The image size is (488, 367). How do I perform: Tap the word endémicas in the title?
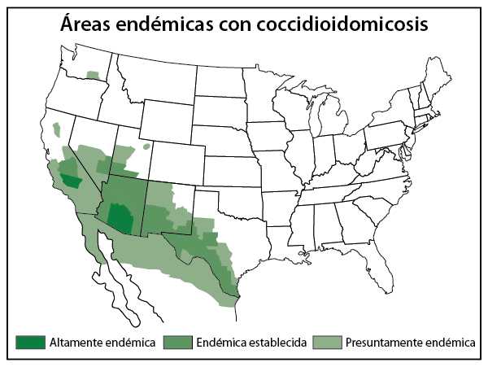[172, 25]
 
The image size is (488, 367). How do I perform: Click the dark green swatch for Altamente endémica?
[30, 342]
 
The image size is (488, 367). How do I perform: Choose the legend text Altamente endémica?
[102, 343]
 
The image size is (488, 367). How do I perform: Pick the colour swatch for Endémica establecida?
[179, 342]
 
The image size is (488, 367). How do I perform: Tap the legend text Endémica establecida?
[251, 343]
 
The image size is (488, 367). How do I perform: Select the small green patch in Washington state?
[94, 75]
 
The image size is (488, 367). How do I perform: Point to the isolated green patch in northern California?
[57, 129]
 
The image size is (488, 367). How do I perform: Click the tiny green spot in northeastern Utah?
[146, 147]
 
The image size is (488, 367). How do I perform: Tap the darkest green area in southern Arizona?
[120, 218]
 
